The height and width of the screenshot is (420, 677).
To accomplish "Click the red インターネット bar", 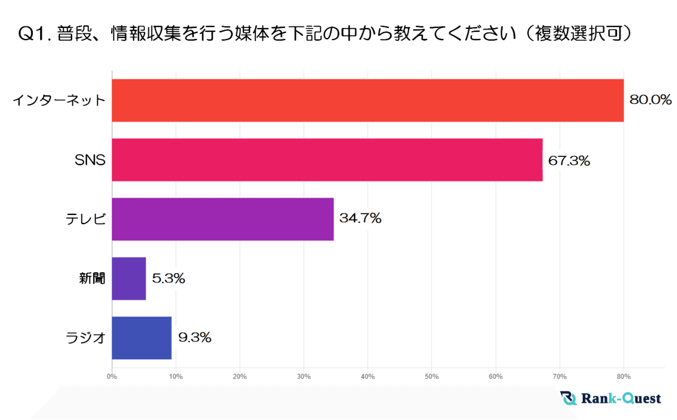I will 368,100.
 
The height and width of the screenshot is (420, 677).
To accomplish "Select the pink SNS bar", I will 327,160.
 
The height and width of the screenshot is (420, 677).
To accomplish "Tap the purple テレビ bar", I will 223,219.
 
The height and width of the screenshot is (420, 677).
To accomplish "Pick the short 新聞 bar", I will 129,278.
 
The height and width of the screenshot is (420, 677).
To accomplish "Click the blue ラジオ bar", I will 142,338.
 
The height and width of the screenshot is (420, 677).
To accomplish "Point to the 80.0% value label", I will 650,100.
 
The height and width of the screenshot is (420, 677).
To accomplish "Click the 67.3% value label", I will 569,160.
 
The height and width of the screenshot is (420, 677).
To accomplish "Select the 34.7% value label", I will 360,218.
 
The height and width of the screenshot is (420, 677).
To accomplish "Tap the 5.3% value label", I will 168,278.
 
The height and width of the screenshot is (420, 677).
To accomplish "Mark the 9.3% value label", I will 195,338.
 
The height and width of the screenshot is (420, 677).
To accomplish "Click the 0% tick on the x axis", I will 112,377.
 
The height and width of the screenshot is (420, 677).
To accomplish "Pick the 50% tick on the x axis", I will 432,377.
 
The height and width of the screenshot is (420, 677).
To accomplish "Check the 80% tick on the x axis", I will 624,377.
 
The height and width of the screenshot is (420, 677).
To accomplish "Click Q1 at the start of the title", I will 31,34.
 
